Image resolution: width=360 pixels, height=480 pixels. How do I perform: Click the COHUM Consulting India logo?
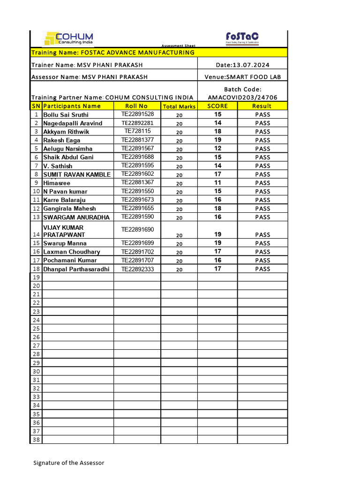tap(68, 38)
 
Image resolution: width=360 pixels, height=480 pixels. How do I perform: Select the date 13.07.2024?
tap(242, 65)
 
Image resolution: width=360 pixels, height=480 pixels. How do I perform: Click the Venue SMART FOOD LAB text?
tap(243, 77)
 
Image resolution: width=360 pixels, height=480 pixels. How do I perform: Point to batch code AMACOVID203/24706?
tap(242, 97)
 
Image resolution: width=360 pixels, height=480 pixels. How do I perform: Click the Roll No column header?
tap(137, 106)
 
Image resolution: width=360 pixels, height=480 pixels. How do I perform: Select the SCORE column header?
tap(217, 106)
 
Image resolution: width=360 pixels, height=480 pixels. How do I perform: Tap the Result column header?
tap(262, 106)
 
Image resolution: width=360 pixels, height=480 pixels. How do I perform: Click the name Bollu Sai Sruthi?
tap(66, 114)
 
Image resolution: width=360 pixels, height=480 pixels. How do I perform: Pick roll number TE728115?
tap(137, 131)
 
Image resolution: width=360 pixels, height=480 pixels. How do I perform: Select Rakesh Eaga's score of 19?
tap(217, 140)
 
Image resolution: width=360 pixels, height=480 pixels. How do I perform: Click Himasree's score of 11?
tap(217, 182)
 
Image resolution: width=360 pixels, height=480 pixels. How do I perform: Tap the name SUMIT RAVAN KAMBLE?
tap(77, 174)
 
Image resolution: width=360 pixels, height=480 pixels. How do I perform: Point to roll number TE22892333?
tap(137, 269)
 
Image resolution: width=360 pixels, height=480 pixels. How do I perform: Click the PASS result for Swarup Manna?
tap(262, 243)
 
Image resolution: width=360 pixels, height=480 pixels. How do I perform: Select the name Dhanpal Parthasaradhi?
tap(76, 269)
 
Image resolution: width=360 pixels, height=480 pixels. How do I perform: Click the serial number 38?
tap(36, 440)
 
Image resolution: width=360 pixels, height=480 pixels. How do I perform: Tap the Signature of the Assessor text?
tap(68, 463)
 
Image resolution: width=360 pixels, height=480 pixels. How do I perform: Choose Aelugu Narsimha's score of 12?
tap(217, 148)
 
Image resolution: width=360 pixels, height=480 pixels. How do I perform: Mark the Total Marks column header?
tap(179, 106)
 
